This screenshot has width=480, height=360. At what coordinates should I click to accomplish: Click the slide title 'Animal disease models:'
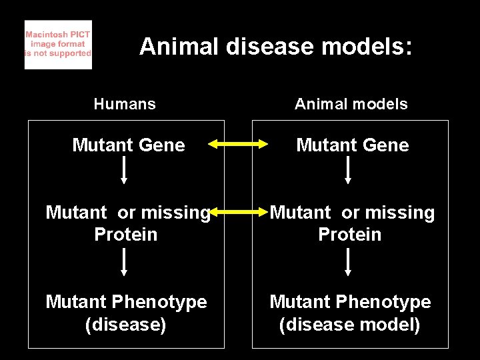coord(276,47)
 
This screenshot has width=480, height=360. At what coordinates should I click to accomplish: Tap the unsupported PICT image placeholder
coord(58,45)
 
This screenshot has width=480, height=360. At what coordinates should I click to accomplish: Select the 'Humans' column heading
coord(125,104)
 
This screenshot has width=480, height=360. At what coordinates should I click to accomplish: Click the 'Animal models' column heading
coord(351,104)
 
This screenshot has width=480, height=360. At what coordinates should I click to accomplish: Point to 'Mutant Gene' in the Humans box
coord(129,145)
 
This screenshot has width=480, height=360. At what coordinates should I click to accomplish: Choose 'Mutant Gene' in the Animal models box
coord(353,145)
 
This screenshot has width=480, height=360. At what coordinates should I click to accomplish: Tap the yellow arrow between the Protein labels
coord(240,212)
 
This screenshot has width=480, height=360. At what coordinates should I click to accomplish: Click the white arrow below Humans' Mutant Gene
coord(124,171)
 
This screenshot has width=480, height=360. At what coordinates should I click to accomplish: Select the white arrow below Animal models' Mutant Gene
coord(348,171)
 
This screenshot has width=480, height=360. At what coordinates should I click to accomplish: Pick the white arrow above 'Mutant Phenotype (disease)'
coord(124,262)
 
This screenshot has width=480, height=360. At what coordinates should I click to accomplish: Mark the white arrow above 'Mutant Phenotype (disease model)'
coord(348,262)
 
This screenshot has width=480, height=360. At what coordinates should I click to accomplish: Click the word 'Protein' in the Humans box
coord(126,235)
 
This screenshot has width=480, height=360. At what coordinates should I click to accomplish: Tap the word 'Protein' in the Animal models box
coord(350,235)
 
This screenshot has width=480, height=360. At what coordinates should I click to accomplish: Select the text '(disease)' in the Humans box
coord(126,325)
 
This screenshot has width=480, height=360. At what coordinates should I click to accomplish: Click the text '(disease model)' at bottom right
coord(350,325)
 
